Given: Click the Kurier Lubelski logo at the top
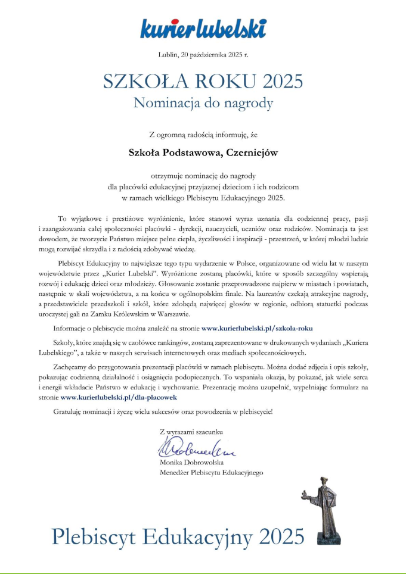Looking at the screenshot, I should [203, 28].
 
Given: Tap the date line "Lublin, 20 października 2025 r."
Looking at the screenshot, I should [203, 55].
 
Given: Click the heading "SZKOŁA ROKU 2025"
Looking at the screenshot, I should [203, 80].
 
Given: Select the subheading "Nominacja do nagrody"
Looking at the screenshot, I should [203, 102].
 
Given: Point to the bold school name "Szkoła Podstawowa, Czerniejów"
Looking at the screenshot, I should [203, 152].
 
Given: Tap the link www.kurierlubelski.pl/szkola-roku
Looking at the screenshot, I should [257, 327].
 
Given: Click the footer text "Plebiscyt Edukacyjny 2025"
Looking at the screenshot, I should [178, 535].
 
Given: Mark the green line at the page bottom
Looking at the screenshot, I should [203, 572].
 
